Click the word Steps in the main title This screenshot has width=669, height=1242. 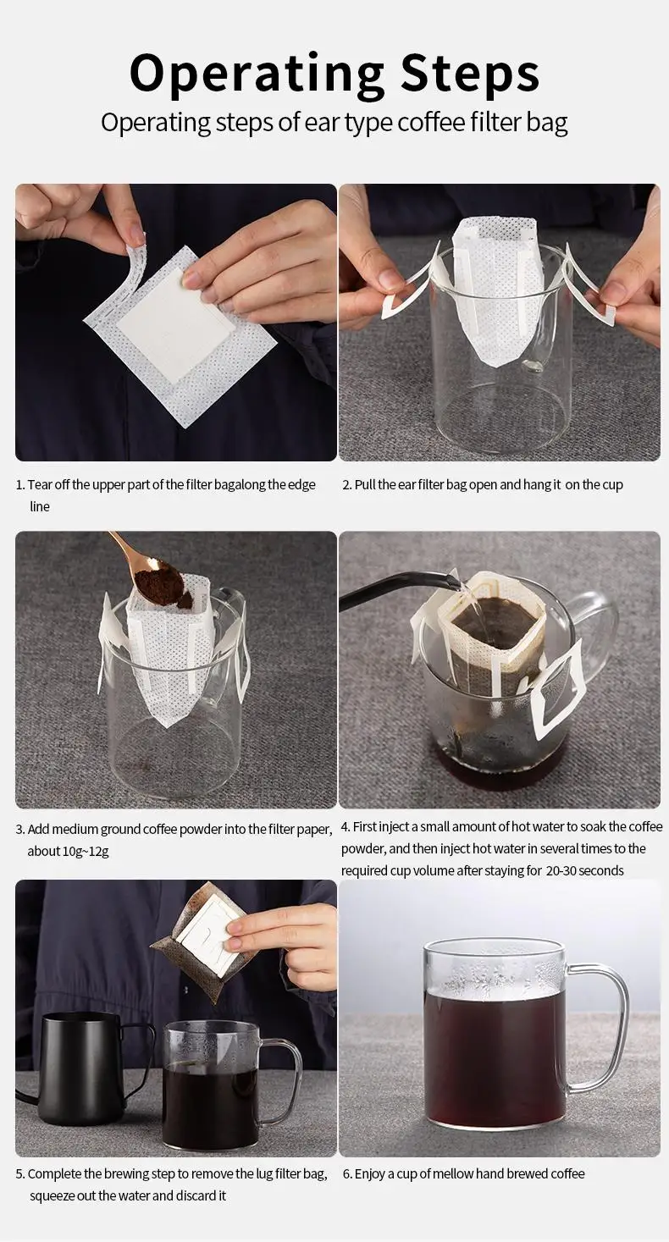(x=469, y=73)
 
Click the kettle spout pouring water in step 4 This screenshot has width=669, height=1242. (x=400, y=590)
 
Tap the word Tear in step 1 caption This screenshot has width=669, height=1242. (x=40, y=484)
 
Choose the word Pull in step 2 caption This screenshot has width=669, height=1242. (x=365, y=484)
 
